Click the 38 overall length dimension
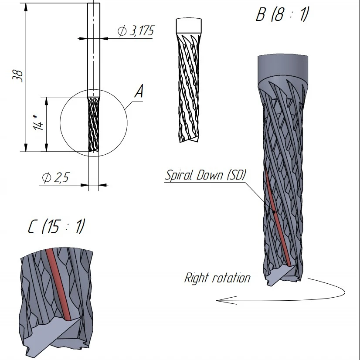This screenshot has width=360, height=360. pos(18,76)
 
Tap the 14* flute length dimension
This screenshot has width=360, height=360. pos(38,123)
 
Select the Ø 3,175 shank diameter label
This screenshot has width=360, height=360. pos(136,31)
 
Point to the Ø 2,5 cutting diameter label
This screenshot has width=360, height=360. pos(55,177)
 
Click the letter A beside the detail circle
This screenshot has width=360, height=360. pos(139,92)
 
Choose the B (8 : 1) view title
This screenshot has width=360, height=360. pos(282,14)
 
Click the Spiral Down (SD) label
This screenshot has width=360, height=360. pos(205,175)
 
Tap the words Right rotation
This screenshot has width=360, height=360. pos(217,278)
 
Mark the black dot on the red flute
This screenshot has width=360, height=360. pos(274,212)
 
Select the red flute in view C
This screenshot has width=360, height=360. pos(58,284)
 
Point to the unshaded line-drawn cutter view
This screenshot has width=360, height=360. pos(189,80)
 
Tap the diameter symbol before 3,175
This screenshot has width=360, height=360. pos(122,31)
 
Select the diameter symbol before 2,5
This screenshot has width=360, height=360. pos(47,178)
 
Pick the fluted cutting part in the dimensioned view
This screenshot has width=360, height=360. pos(94,124)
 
